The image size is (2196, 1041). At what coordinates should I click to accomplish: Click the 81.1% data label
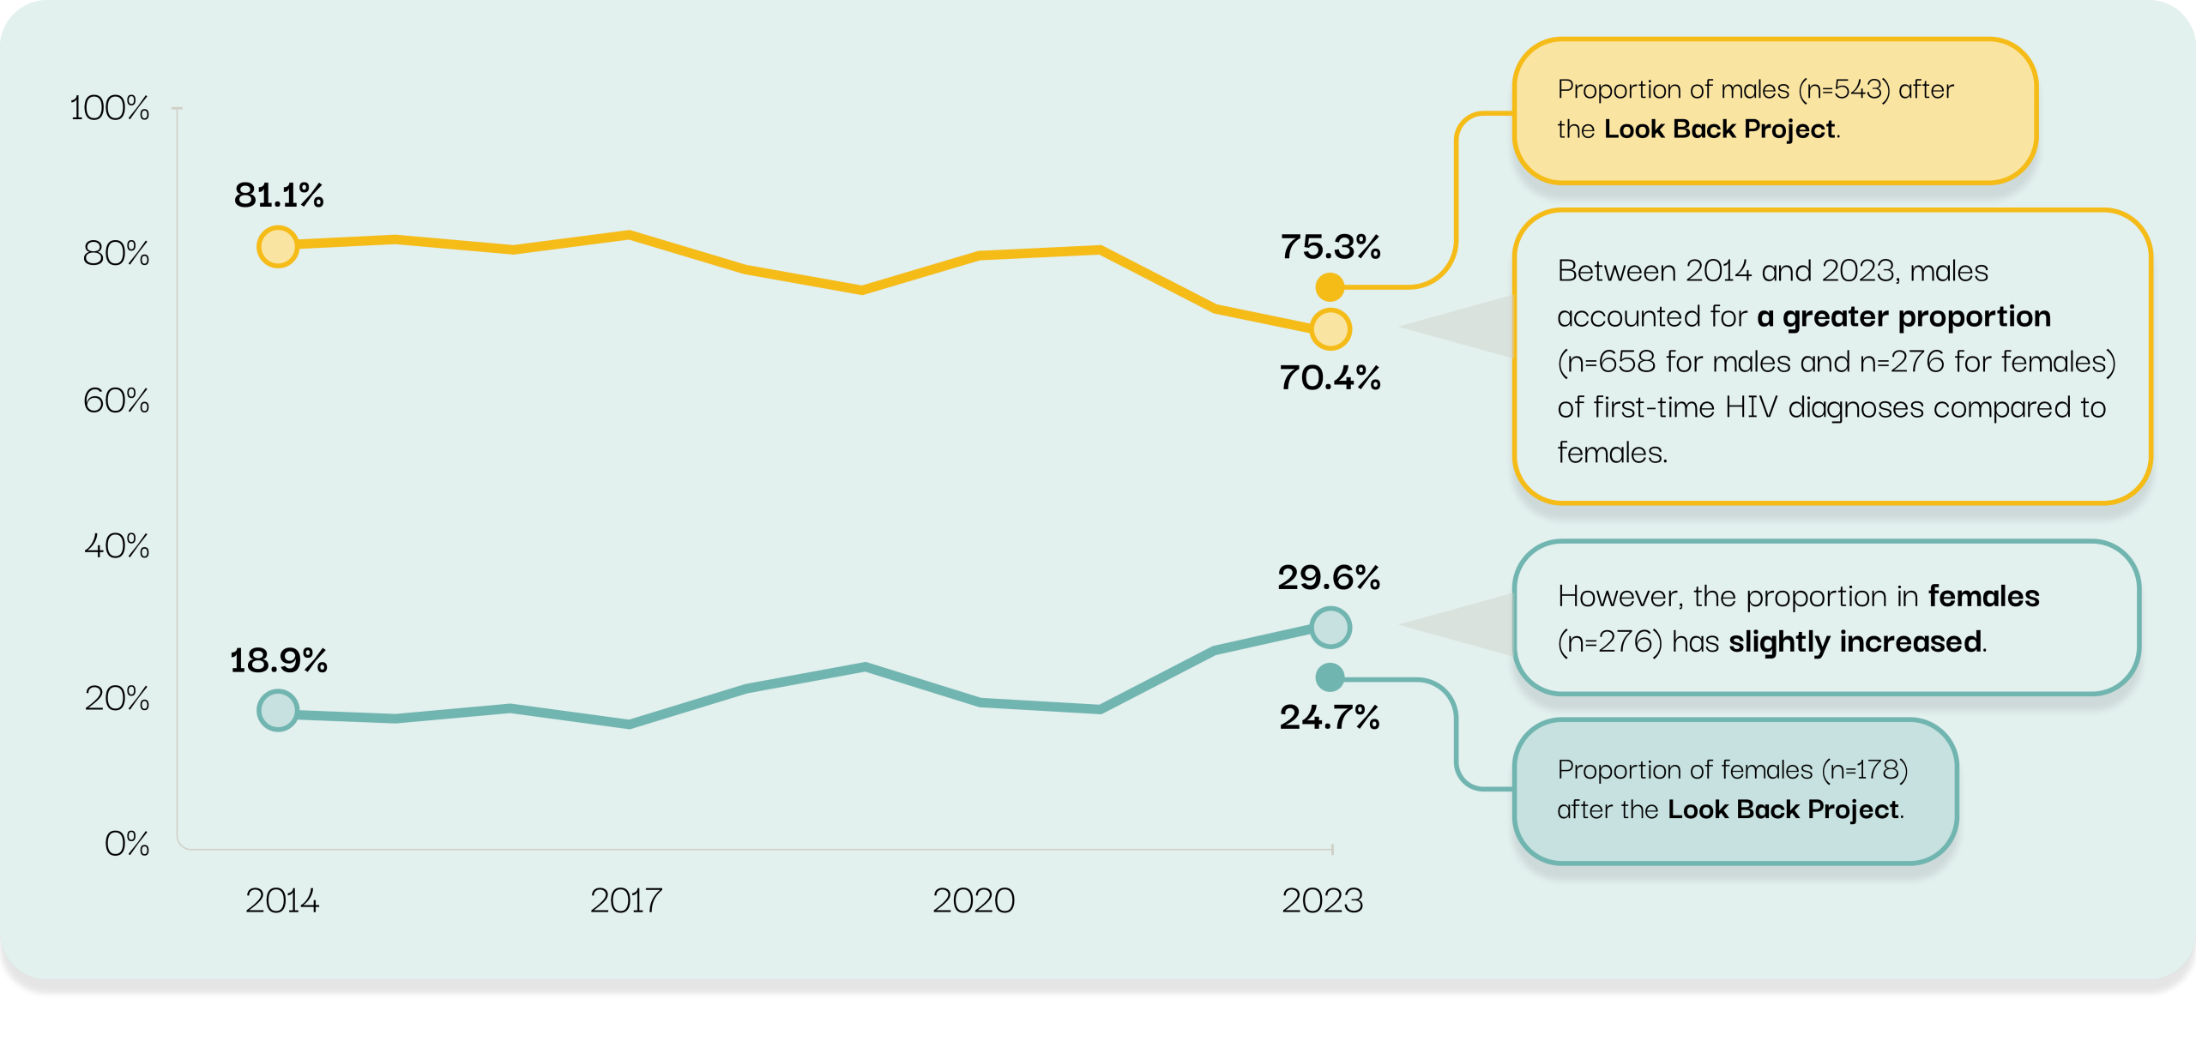[279, 196]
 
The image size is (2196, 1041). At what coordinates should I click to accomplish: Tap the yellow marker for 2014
[278, 247]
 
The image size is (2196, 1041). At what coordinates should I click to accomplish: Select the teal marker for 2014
[278, 710]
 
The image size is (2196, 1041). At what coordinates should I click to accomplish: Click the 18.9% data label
[279, 660]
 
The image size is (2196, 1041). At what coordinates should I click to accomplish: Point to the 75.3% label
[1330, 247]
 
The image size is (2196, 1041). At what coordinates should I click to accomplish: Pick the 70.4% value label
[1330, 377]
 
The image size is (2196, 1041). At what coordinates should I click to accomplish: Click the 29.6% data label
[1329, 577]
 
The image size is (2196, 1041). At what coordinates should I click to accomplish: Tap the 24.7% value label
[1330, 717]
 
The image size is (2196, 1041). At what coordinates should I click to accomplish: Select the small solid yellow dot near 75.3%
[1330, 287]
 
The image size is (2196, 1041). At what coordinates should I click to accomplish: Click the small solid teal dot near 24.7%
[1330, 677]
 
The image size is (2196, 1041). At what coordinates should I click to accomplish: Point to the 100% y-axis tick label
[109, 108]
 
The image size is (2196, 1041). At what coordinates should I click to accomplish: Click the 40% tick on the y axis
[117, 545]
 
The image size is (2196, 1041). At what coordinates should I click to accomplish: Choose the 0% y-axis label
[127, 844]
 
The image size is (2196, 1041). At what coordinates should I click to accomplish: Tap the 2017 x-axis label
[626, 900]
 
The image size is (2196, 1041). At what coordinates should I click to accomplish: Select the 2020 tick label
[974, 900]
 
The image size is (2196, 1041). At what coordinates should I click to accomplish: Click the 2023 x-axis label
[1322, 900]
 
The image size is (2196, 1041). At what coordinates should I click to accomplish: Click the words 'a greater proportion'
[1903, 316]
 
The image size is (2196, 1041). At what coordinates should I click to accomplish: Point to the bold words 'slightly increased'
[1855, 641]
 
